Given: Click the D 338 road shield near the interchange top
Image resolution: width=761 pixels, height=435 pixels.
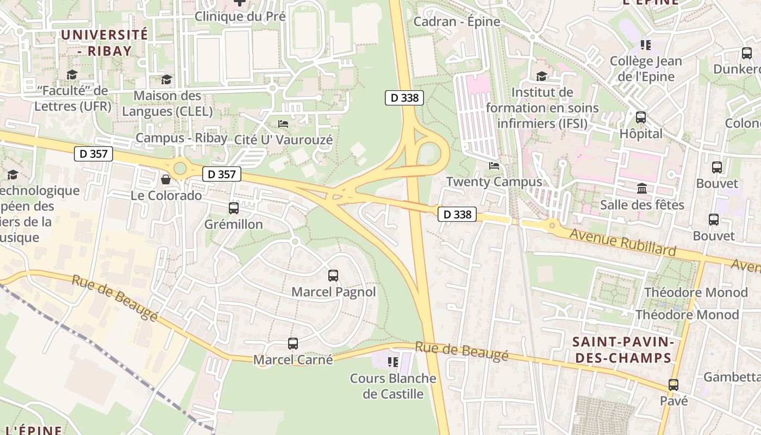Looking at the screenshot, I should (x=404, y=98).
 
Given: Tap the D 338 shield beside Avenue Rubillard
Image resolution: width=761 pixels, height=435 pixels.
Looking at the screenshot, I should (x=457, y=214).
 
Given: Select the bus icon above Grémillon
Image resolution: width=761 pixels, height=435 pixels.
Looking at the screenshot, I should (x=234, y=208).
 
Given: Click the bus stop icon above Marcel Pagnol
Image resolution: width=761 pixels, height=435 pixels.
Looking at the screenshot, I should (x=333, y=276).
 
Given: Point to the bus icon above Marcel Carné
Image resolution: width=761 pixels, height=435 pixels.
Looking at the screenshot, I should (x=293, y=344).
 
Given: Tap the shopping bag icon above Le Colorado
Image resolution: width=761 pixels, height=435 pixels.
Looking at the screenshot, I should (x=166, y=179).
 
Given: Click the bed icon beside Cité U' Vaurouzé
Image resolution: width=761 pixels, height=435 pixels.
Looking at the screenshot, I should (x=283, y=124).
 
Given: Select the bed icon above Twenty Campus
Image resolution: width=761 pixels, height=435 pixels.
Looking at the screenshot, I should (x=494, y=166).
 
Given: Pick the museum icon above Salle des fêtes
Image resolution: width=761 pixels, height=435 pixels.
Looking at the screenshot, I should (x=642, y=189).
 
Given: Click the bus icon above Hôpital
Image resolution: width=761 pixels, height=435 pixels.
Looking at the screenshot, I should (x=641, y=117).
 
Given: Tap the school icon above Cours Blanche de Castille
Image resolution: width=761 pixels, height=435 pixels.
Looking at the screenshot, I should (x=392, y=362).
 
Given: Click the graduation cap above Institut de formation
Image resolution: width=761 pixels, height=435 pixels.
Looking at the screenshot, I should (x=541, y=76).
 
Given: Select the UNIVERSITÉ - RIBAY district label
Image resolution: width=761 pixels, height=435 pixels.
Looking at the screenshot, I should (x=104, y=42).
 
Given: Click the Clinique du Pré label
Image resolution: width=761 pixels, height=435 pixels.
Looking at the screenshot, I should (x=240, y=16).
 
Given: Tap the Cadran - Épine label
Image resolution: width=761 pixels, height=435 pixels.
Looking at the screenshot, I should (x=457, y=22).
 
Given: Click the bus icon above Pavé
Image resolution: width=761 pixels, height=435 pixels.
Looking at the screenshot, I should (x=673, y=385).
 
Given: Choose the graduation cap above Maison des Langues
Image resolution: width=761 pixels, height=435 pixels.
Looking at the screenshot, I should (x=166, y=80).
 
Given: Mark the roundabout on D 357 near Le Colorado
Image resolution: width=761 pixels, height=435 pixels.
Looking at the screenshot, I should (x=179, y=167).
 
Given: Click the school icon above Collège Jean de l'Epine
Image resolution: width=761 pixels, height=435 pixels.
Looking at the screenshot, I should (x=646, y=45).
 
